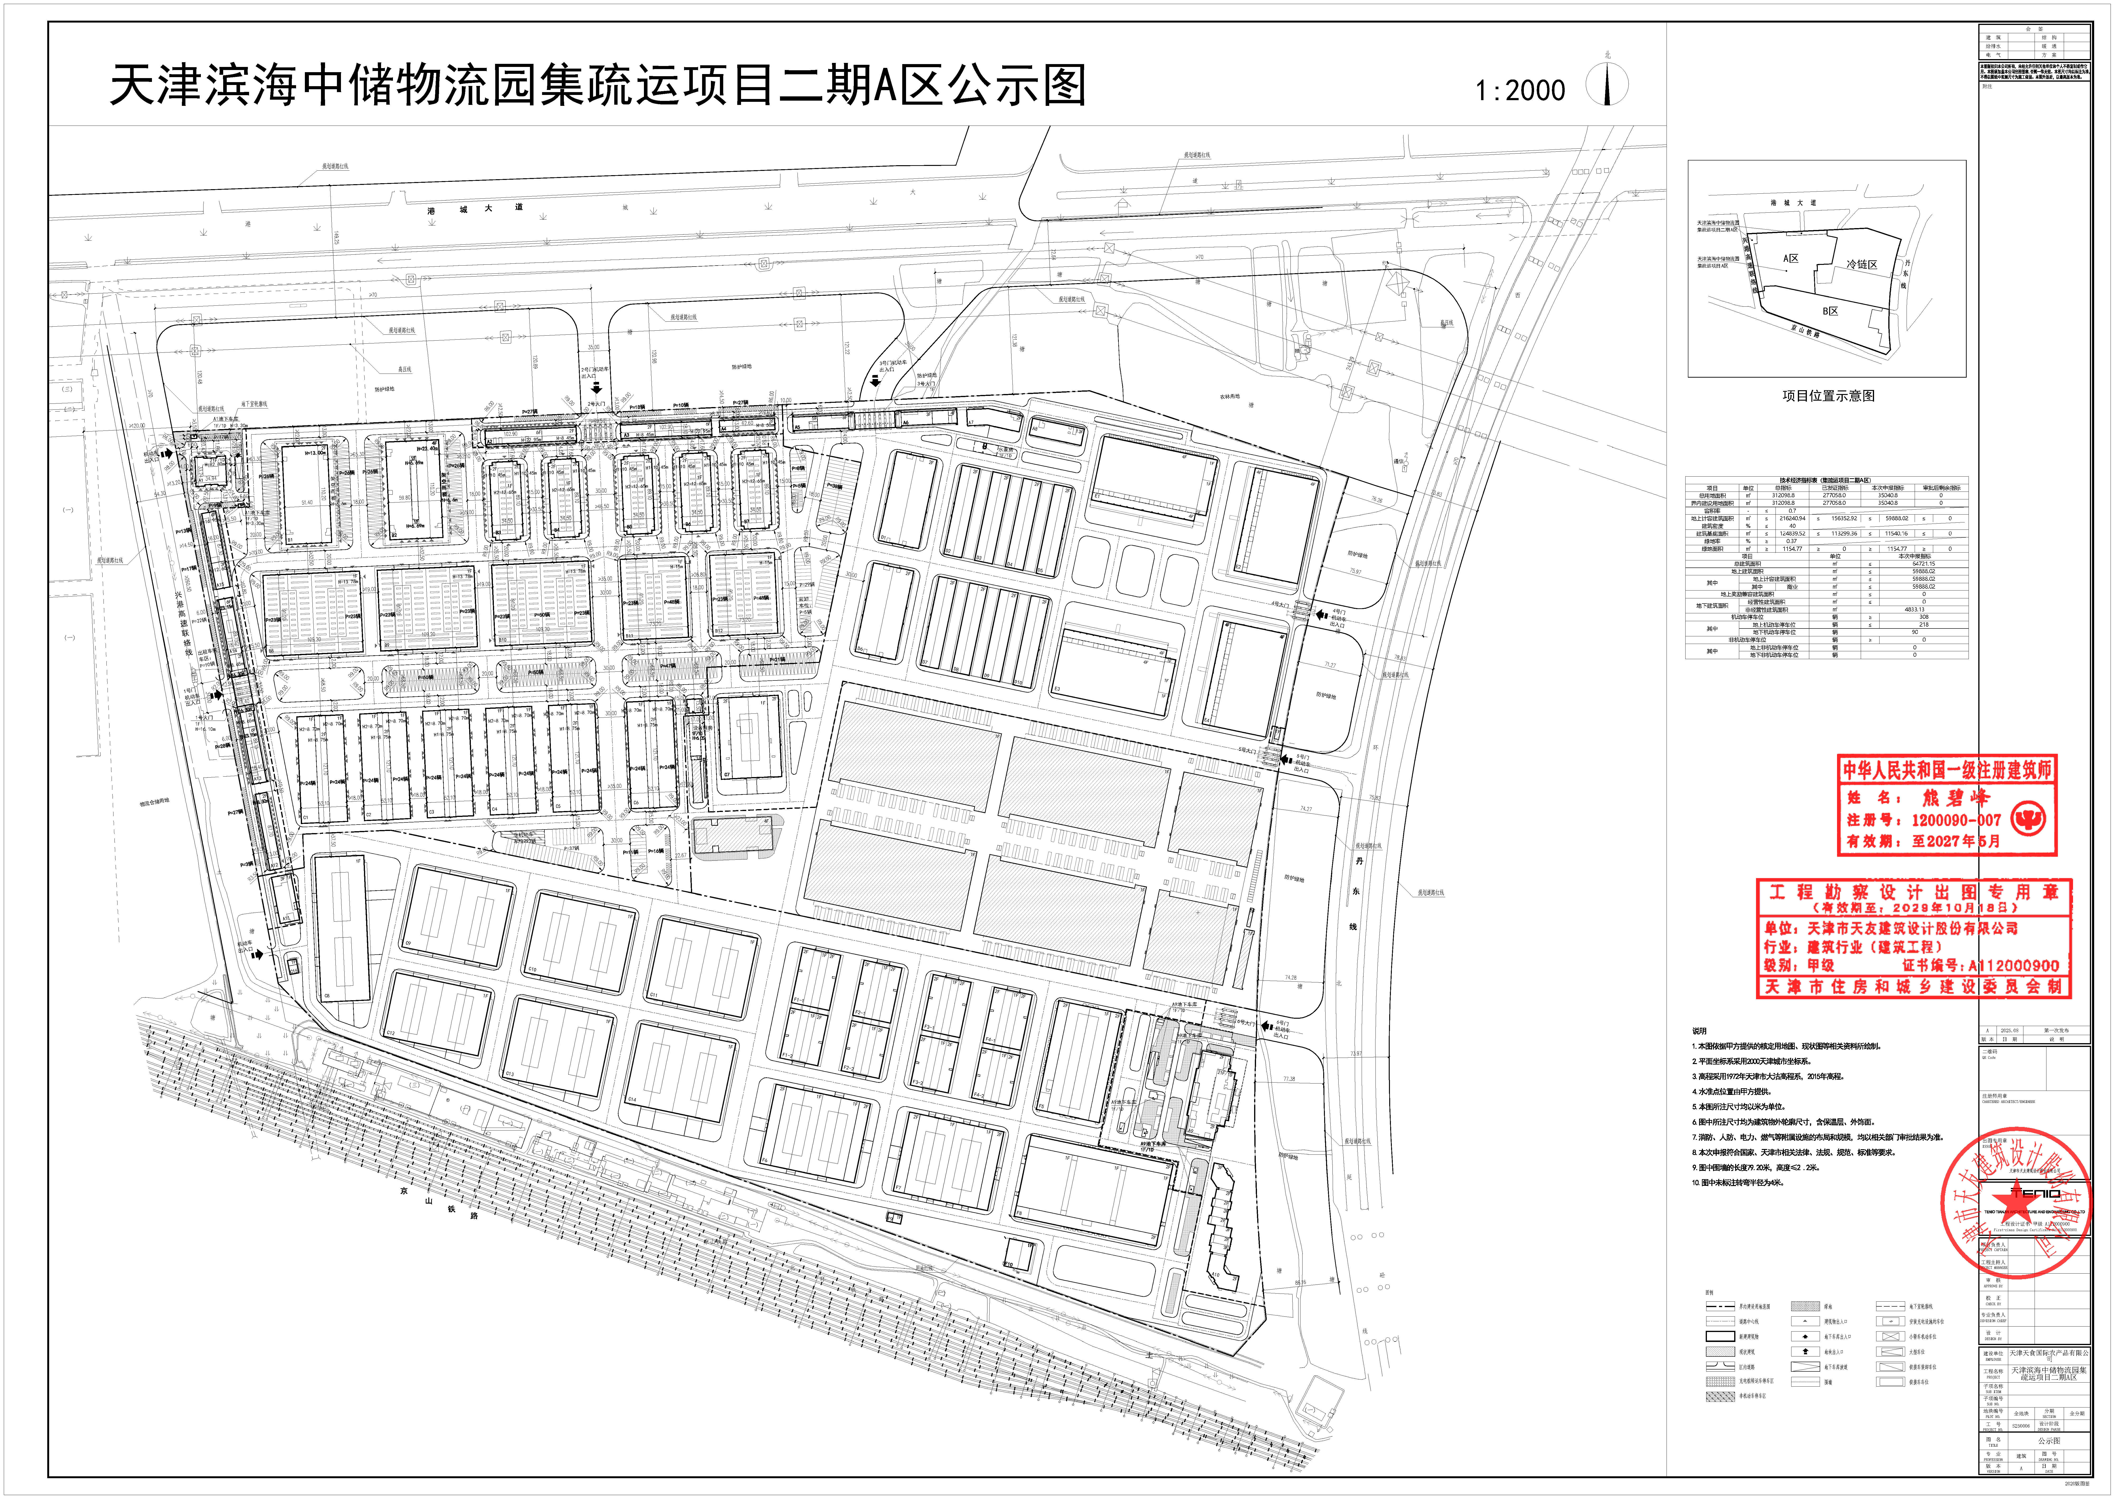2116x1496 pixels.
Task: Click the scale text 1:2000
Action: [x=1520, y=90]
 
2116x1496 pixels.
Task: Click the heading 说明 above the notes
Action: [x=1699, y=1031]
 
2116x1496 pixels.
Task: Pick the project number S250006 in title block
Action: [x=2015, y=1425]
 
